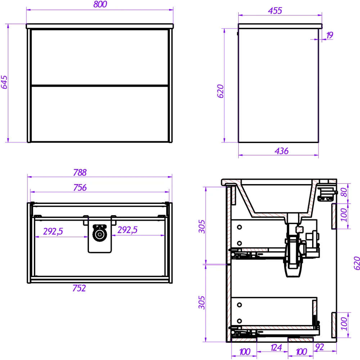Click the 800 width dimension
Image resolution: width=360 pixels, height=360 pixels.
(100, 4)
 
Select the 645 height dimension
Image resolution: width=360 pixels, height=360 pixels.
(4, 82)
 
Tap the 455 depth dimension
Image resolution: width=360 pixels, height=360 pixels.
(275, 10)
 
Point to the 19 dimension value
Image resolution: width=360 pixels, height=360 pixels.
(329, 35)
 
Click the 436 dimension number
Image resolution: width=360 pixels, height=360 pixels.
(282, 151)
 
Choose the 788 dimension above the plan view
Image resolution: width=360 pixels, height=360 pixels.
(80, 172)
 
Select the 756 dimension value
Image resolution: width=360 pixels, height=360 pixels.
(80, 188)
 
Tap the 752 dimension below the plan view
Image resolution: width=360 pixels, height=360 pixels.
(79, 288)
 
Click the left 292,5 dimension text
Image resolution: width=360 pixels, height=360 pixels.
(53, 231)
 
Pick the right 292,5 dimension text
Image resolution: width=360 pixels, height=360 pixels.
(127, 230)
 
